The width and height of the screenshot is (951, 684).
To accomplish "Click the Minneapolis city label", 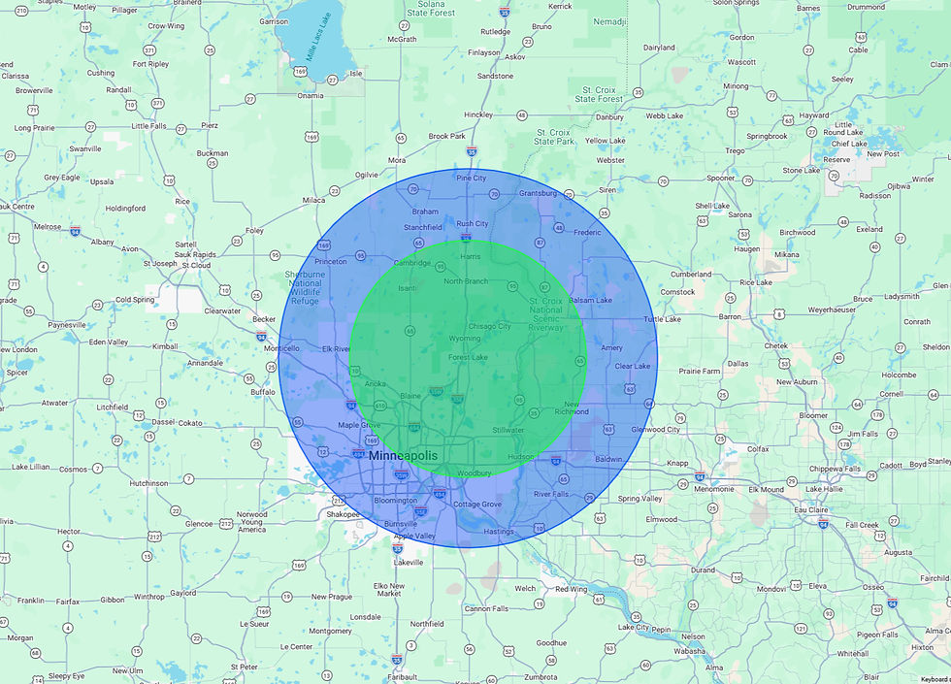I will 403,455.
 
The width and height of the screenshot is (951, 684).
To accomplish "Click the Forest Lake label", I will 468,358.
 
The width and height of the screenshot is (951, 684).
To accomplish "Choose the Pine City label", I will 472,178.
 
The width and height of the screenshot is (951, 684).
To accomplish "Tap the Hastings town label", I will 498,531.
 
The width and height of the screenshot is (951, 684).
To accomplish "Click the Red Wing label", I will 572,588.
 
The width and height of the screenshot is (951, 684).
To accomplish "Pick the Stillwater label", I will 508,429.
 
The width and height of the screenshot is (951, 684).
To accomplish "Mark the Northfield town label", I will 426,624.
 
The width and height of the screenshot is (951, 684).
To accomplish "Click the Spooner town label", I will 721,178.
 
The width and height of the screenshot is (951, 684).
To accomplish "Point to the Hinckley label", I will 479,114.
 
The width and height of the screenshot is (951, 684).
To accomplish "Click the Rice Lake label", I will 755,282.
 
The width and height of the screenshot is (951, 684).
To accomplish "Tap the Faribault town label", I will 400,675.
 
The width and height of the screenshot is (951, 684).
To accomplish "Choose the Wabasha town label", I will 690,651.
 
